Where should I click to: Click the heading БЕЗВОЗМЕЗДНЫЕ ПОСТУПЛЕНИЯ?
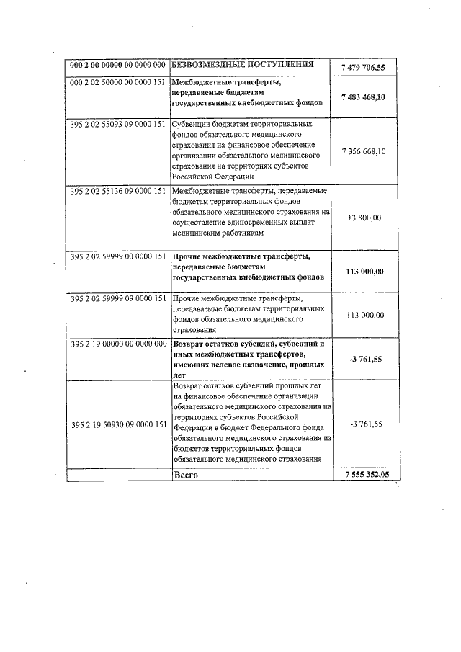tap(243, 65)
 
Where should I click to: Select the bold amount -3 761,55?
tap(370, 358)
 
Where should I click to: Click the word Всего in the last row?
tap(186, 475)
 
